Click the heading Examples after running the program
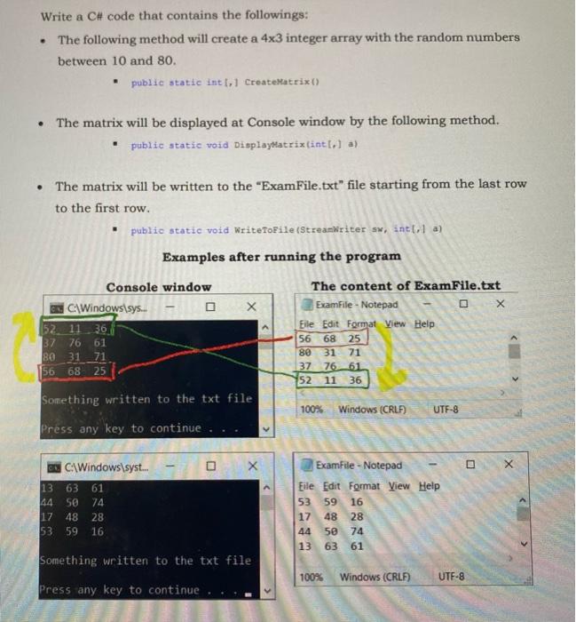[281, 257]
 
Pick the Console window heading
[159, 286]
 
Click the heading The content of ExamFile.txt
[406, 286]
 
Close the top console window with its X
[251, 306]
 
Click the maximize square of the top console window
[210, 306]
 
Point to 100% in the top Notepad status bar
[311, 410]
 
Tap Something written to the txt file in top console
[146, 398]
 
